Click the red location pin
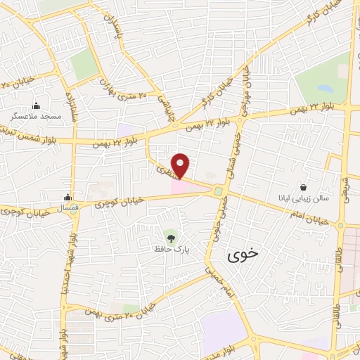(181, 165)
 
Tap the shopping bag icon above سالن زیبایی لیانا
(303, 187)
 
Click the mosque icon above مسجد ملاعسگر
(36, 105)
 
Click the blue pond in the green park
(325, 90)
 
